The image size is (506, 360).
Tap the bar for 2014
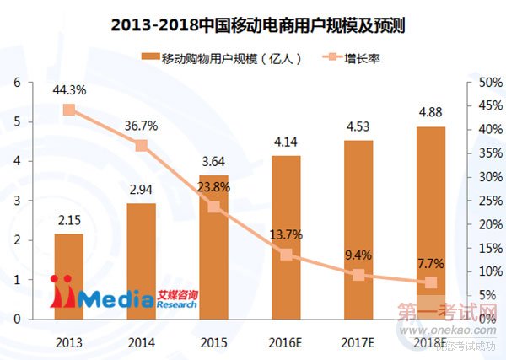point(141,261)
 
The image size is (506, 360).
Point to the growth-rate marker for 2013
point(69,110)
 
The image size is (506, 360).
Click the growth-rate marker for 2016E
point(286,255)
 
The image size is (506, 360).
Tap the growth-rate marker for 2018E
point(431,283)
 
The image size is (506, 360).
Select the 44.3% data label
point(68,91)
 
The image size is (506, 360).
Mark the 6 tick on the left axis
point(17,83)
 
